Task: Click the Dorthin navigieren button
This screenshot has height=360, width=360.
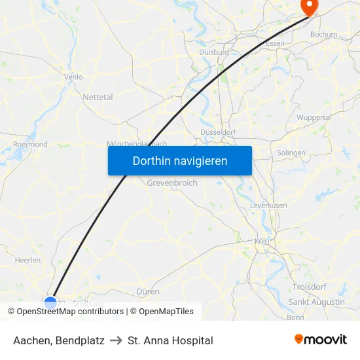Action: [179, 160]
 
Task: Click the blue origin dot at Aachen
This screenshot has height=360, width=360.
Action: [50, 302]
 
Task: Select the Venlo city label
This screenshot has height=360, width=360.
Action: [73, 77]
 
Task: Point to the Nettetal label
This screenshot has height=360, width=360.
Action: [98, 97]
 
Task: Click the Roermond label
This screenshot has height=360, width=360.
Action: [30, 144]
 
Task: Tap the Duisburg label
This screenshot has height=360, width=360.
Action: [214, 52]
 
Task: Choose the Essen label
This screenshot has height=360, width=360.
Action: [275, 43]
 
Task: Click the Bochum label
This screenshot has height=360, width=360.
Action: [323, 34]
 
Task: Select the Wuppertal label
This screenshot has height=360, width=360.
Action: [314, 117]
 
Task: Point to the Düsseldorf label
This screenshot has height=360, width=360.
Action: [217, 131]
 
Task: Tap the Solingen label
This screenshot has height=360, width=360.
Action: [291, 153]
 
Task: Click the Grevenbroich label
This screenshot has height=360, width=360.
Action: [172, 183]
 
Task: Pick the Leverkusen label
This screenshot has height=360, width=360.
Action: [268, 206]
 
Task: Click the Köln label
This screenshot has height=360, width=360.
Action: [262, 242]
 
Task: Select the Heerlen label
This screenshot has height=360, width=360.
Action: [27, 260]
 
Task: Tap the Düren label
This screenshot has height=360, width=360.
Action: [148, 291]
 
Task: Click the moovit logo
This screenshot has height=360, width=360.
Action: [321, 340]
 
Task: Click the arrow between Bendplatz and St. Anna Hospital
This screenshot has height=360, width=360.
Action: [116, 340]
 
